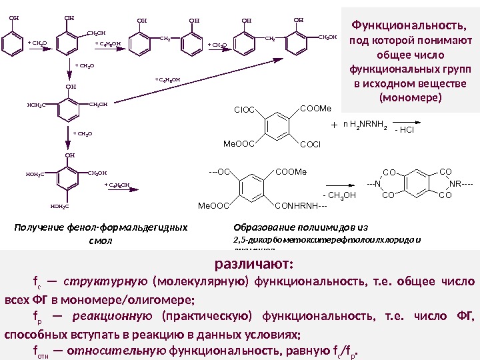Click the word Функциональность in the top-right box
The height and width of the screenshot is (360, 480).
coord(407,25)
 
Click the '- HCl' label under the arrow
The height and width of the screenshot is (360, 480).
coord(404,131)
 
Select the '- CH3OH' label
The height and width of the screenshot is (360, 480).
coord(339,195)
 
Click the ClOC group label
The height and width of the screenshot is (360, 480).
coord(245,109)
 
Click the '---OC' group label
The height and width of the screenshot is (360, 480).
coord(219,171)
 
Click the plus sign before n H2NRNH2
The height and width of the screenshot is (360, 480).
coord(334,125)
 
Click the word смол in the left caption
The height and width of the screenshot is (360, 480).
coord(101,239)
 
